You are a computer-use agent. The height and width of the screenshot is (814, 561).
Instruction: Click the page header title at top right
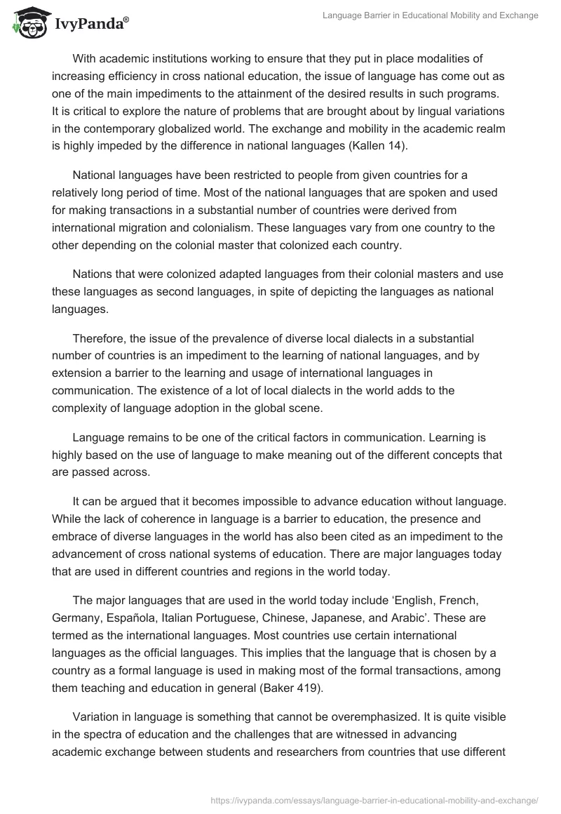(x=430, y=15)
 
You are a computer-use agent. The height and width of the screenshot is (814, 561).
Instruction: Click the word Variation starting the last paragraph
(x=98, y=717)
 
